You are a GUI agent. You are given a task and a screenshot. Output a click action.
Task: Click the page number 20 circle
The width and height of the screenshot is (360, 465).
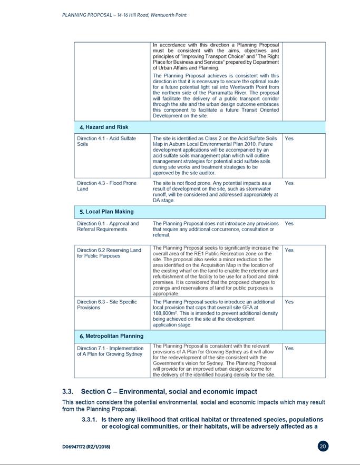pyautogui.click(x=324, y=446)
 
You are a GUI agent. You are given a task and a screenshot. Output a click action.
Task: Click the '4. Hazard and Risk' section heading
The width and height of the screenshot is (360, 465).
pyautogui.click(x=103, y=127)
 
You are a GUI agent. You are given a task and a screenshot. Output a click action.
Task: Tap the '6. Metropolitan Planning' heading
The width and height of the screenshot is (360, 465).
pyautogui.click(x=111, y=336)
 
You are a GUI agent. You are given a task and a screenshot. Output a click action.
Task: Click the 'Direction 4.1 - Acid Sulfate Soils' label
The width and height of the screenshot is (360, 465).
pyautogui.click(x=106, y=141)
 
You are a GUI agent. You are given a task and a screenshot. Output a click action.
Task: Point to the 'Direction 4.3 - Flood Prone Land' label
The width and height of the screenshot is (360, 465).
pyautogui.click(x=106, y=186)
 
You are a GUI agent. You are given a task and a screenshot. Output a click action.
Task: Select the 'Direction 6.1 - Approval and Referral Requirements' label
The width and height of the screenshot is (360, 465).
pyautogui.click(x=108, y=226)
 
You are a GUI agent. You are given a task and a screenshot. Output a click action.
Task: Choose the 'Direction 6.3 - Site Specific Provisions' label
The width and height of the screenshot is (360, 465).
pyautogui.click(x=106, y=304)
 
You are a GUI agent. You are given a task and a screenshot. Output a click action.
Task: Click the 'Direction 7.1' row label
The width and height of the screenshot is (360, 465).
pyautogui.click(x=110, y=351)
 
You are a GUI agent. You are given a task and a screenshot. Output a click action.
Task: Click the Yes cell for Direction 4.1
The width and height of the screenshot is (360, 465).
pyautogui.click(x=289, y=138)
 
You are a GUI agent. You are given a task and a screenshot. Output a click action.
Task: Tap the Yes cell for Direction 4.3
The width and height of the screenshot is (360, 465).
pyautogui.click(x=289, y=183)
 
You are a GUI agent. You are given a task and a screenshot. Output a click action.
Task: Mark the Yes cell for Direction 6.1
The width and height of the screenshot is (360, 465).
pyautogui.click(x=289, y=223)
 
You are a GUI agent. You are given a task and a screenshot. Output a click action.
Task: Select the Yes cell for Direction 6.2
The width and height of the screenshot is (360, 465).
pyautogui.click(x=289, y=250)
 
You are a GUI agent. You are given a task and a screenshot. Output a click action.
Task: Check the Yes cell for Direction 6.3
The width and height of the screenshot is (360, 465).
pyautogui.click(x=289, y=302)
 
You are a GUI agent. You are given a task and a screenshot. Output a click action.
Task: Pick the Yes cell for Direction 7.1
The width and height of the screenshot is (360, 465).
pyautogui.click(x=289, y=348)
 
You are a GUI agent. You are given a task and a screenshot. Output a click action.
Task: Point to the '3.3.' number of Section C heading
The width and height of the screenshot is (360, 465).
pyautogui.click(x=69, y=391)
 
